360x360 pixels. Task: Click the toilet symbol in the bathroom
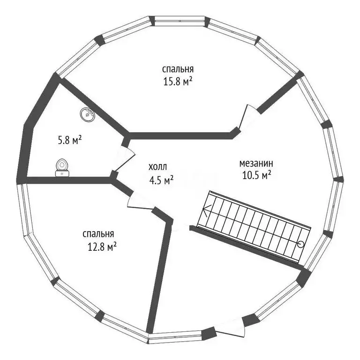[x=62, y=168]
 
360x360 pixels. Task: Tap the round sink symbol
[x=88, y=114]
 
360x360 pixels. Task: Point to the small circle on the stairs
[x=300, y=245]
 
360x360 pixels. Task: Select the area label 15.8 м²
[x=178, y=82]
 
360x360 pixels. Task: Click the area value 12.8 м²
[x=102, y=247]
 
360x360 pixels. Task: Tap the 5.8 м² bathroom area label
[x=70, y=140]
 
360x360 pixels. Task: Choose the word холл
[x=157, y=167]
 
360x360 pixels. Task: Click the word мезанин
[x=256, y=164]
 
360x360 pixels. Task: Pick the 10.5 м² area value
[x=257, y=176]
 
